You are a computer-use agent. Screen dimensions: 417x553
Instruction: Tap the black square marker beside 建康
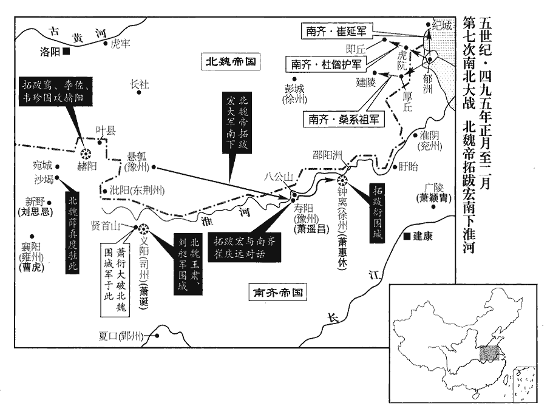(x=406, y=236)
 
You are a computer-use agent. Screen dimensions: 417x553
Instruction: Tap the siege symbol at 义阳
(x=144, y=228)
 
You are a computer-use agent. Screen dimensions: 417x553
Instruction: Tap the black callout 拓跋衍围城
(x=378, y=212)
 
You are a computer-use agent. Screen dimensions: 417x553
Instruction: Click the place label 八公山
(x=279, y=177)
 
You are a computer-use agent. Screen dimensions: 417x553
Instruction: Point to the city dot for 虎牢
(x=106, y=43)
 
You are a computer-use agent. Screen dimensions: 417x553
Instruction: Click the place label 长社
(x=140, y=84)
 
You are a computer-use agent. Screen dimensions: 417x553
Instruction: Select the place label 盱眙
(x=410, y=167)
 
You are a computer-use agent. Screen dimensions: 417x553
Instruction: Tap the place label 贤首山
(x=106, y=225)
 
